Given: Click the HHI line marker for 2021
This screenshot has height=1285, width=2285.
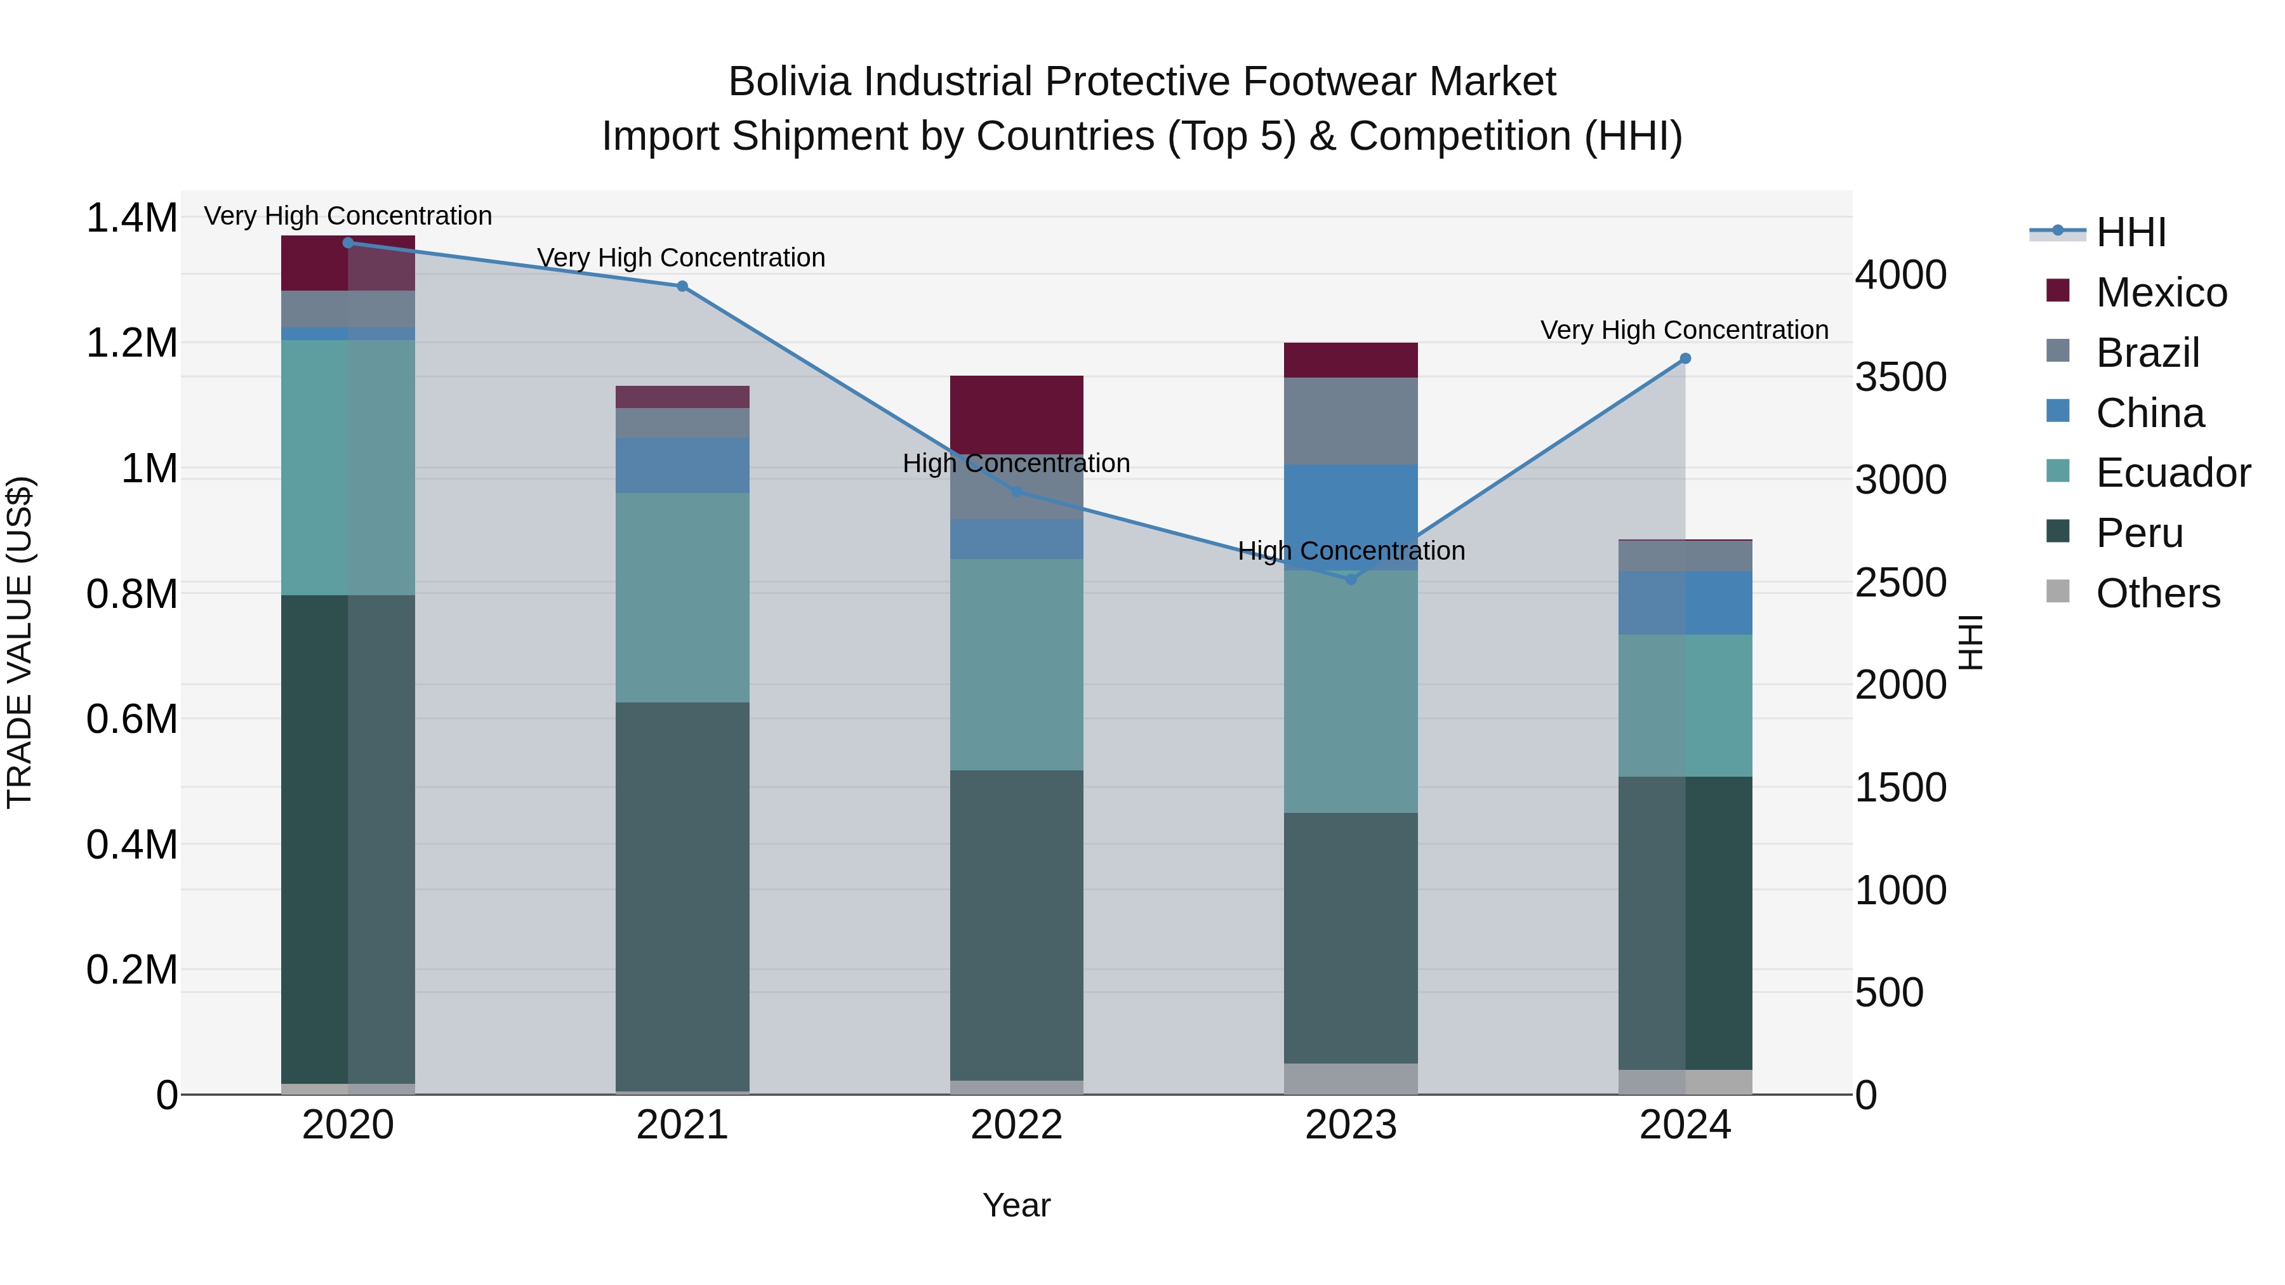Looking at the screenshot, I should pos(682,286).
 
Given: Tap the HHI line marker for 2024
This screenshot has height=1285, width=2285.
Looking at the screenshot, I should pos(1685,359).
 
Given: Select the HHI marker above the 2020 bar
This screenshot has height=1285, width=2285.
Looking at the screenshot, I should pos(348,243).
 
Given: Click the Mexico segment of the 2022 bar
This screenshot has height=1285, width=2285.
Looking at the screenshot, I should pos(1017,414).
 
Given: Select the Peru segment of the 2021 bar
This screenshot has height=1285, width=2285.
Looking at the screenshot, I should pos(682,895).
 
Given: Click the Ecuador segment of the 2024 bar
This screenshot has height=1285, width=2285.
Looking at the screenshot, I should pos(1685,706).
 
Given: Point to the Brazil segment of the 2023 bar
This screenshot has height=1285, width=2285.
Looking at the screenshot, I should pos(1351,421).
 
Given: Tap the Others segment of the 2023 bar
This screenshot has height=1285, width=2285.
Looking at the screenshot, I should pos(1351,1078).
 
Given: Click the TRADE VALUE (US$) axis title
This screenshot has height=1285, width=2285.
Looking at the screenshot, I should pos(20,643).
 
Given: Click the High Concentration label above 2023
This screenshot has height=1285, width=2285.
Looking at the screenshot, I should pos(1351,551).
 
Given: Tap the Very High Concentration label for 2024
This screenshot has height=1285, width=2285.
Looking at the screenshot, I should pos(1683,330).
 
